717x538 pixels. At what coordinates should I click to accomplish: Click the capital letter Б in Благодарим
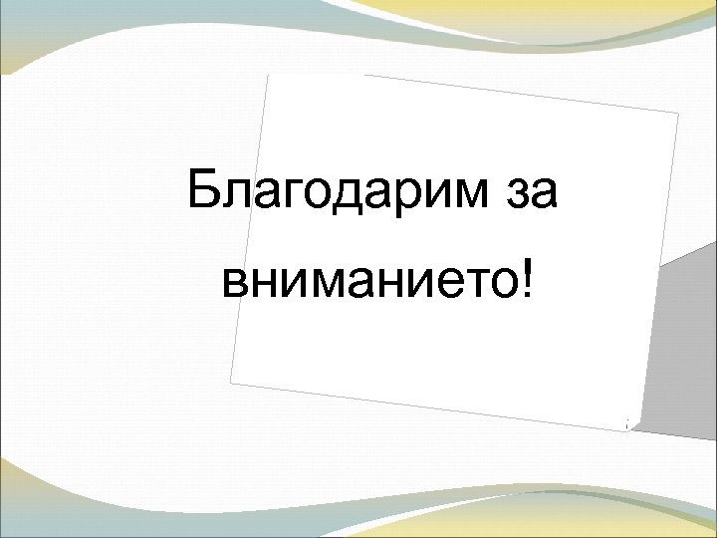coord(203,189)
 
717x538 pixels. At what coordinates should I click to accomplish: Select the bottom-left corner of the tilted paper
coord(230,382)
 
